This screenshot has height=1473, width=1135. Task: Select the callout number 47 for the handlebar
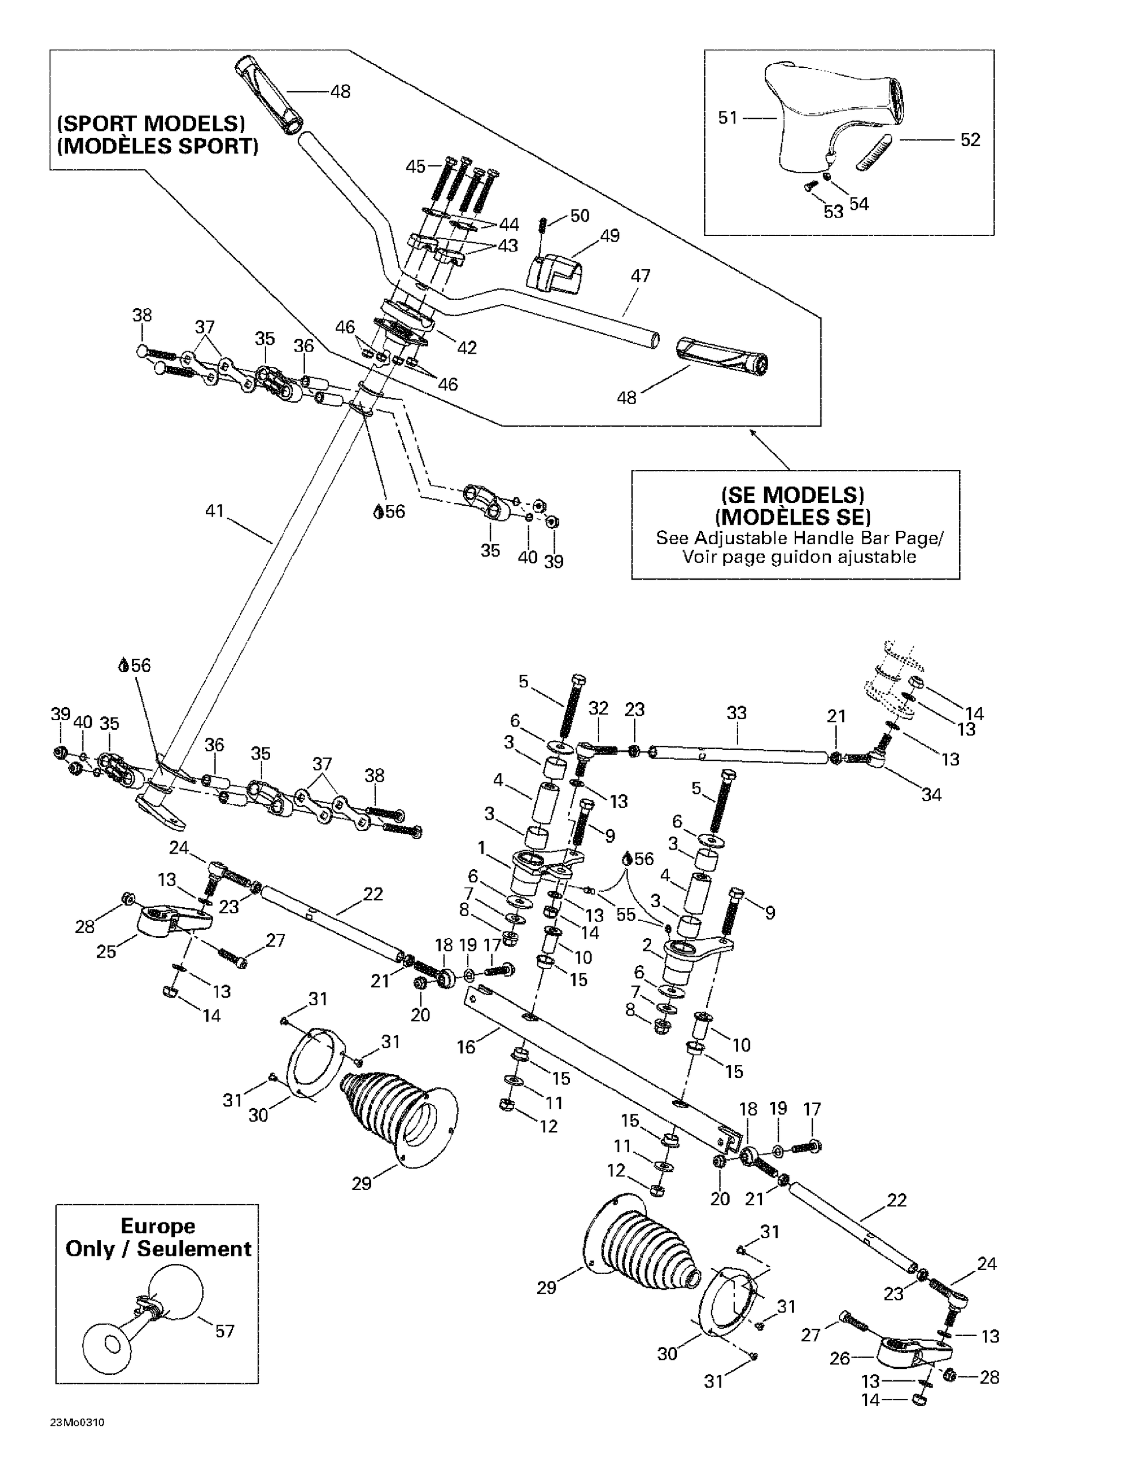point(640,276)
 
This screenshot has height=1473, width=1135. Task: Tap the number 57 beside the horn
point(225,1331)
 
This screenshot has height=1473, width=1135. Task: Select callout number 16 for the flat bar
point(466,1047)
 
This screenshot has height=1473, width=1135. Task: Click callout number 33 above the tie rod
point(737,713)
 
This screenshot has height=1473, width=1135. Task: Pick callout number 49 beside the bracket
point(609,236)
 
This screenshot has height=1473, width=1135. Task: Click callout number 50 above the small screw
point(580,216)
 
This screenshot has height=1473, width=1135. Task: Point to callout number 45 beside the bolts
point(415,166)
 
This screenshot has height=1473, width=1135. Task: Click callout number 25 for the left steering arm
point(106,952)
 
